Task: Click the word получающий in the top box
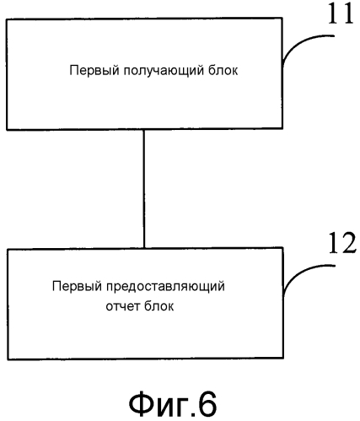tap(164, 71)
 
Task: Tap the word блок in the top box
tap(223, 70)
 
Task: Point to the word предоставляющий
tap(165, 287)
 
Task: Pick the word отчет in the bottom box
tap(123, 306)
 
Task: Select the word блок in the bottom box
tap(159, 305)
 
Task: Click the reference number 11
tap(341, 13)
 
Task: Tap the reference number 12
tap(342, 243)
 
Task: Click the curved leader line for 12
tap(301, 271)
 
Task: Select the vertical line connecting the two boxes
tap(144, 189)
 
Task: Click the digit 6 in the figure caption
tap(207, 404)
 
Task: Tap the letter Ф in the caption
tap(142, 404)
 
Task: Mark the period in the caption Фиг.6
tap(190, 413)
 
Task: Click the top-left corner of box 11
tap(7, 19)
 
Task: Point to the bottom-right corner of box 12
tap(282, 359)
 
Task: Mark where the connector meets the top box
tap(144, 129)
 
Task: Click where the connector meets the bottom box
tap(144, 248)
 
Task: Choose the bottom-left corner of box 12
tap(8, 359)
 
